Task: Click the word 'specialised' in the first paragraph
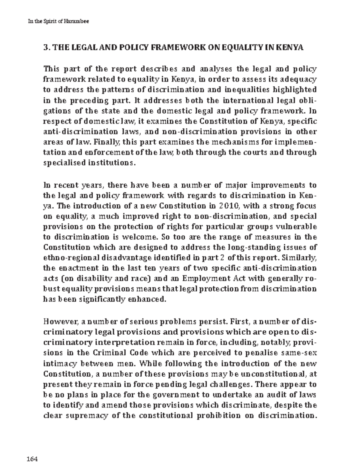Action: click(x=64, y=163)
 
